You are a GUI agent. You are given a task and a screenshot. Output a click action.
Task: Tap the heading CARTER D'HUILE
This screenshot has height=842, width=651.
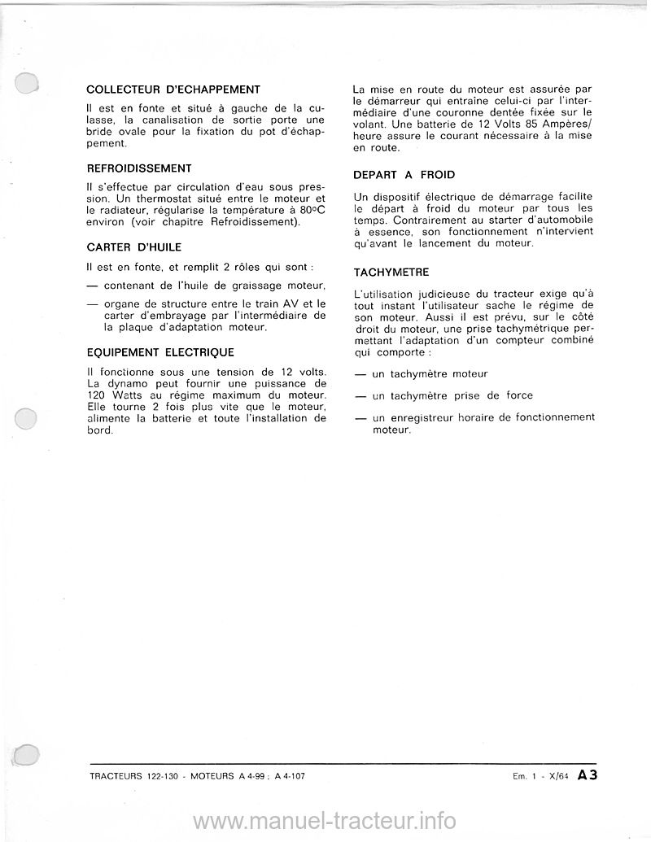pos(133,246)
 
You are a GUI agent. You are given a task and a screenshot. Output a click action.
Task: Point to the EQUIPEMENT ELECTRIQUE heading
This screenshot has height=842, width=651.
pos(159,352)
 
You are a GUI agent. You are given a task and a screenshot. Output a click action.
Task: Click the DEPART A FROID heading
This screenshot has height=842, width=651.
pos(404,175)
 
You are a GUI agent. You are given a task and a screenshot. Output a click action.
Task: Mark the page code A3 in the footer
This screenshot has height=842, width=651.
pos(588,775)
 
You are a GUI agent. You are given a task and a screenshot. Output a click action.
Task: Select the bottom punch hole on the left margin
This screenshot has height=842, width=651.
pos(27,754)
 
